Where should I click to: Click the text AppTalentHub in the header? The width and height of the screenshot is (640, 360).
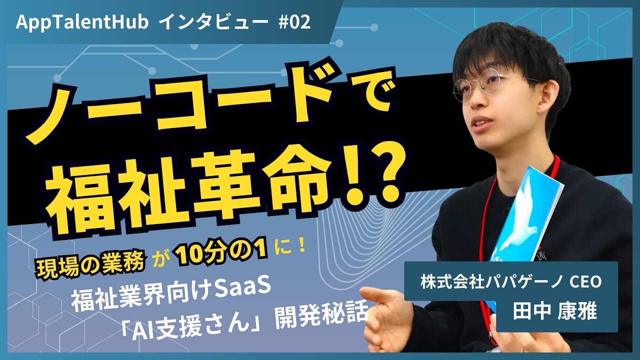click(x=82, y=22)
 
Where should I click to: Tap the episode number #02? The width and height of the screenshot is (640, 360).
click(x=294, y=22)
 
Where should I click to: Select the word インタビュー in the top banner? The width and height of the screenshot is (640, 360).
click(x=215, y=22)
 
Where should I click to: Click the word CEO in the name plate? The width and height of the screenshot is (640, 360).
click(x=585, y=281)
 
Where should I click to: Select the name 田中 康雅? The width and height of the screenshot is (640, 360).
click(x=555, y=311)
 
